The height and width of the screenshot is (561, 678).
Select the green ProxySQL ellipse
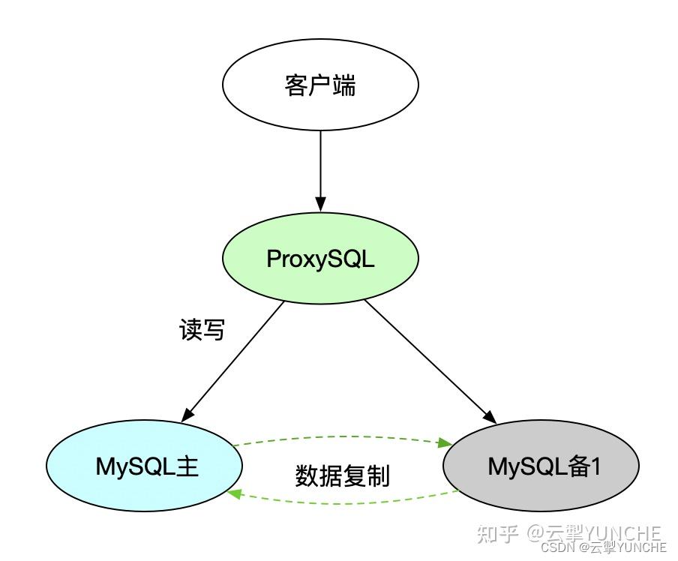(x=320, y=259)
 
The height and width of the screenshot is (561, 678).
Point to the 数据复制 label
(x=343, y=475)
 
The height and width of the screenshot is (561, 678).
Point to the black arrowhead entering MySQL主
(x=187, y=413)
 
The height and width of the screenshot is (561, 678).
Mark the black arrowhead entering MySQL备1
(x=491, y=417)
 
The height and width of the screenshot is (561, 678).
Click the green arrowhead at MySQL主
(x=235, y=493)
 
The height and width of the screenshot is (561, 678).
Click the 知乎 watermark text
(x=497, y=534)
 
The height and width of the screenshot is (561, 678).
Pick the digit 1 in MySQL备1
(x=596, y=466)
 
